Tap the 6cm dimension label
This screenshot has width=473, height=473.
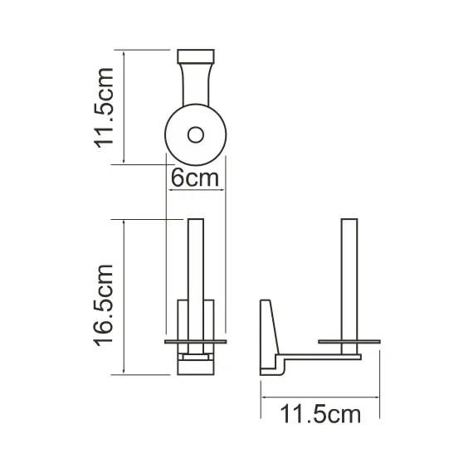(x=195, y=178)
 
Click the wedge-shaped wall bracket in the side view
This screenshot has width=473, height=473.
(x=268, y=332)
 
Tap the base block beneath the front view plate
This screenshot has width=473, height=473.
(x=196, y=363)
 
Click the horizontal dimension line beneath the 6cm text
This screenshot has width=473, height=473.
(x=196, y=190)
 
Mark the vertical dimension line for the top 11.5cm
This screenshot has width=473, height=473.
(x=124, y=106)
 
